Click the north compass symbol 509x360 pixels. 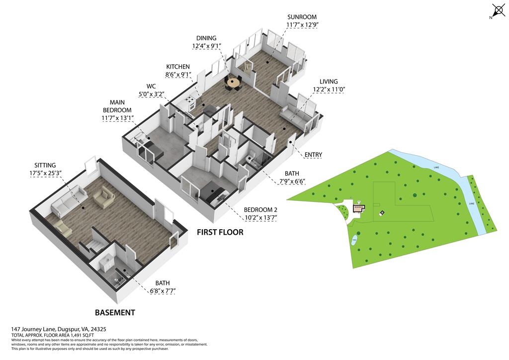498,10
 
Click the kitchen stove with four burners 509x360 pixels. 190,103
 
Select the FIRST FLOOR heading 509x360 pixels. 220,232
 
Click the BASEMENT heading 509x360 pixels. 115,313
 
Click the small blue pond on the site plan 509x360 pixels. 354,240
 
